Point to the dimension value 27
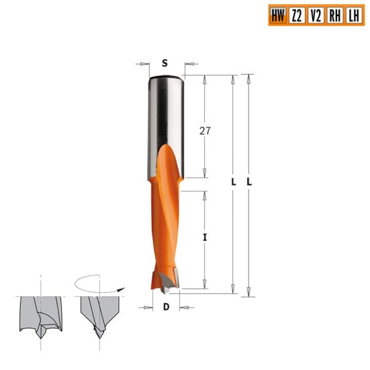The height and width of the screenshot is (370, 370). tap(205, 131)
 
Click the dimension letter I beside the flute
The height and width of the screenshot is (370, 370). tap(205, 237)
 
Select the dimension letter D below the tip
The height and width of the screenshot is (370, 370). tap(165, 308)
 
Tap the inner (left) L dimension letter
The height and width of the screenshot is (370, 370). tap(233, 183)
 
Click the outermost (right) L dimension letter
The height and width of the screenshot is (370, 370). tap(249, 183)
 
